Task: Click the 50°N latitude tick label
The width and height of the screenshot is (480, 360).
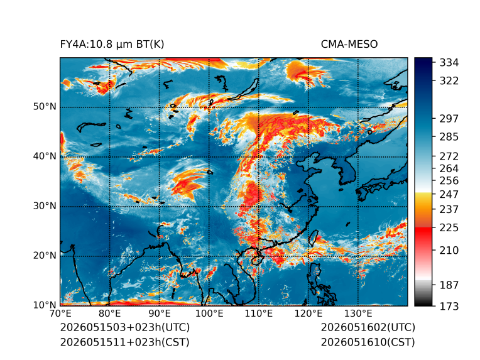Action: [x=45, y=107]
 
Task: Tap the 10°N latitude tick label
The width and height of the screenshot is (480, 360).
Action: [x=45, y=305]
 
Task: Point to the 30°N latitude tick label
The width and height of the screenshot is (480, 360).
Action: [x=45, y=206]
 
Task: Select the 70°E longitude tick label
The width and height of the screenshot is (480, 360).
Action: [x=60, y=314]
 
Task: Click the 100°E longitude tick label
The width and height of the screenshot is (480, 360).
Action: [x=209, y=314]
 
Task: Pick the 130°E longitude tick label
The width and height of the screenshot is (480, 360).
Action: [x=358, y=314]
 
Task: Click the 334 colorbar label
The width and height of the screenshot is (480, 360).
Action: [x=449, y=63]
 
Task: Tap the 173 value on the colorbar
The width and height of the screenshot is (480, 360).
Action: [x=449, y=306]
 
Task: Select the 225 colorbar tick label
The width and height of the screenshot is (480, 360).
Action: [x=449, y=228]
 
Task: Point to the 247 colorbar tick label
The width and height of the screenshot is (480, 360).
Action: [x=449, y=194]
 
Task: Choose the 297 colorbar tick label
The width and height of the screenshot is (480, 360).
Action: [x=449, y=119]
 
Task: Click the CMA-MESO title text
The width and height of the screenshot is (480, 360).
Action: [x=349, y=45]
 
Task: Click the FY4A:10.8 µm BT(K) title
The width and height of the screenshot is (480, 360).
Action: [x=112, y=45]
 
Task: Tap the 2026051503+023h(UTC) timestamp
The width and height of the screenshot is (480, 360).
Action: [x=125, y=327]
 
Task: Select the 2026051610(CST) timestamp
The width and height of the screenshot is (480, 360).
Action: [x=368, y=342]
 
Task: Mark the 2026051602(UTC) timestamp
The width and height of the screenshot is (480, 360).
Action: [x=368, y=327]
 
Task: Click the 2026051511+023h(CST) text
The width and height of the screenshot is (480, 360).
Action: [x=125, y=342]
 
